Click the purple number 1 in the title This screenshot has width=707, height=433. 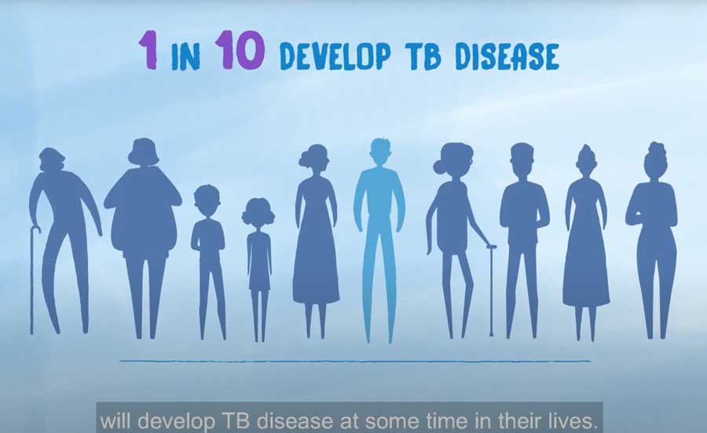148,50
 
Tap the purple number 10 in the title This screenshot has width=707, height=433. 239,50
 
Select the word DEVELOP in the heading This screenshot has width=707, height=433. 335,57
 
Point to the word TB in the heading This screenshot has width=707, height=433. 425,57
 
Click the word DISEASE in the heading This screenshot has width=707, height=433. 507,57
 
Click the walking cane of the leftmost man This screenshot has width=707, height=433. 33,280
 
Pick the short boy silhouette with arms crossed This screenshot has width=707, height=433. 208,262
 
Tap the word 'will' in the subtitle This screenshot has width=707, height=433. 115,421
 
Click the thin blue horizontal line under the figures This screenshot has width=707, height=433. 355,361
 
